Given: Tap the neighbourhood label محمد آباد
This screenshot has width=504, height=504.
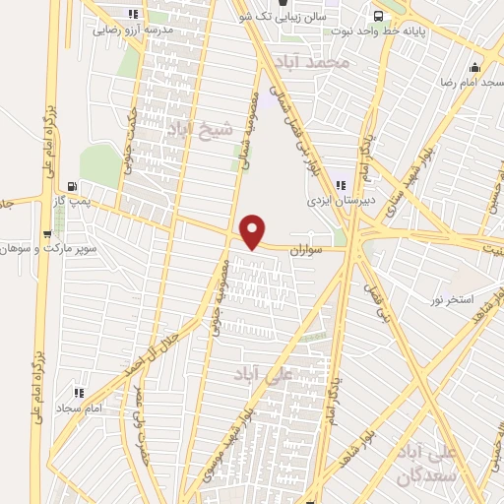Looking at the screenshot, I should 314,63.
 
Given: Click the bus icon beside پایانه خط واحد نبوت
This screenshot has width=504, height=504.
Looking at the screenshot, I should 377,15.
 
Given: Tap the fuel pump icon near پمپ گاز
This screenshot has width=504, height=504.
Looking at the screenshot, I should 72,185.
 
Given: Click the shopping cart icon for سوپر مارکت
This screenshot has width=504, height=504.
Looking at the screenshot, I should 47,233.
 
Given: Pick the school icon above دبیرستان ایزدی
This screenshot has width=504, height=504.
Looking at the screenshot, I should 341,186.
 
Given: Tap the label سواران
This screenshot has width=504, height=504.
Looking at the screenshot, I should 306,252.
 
